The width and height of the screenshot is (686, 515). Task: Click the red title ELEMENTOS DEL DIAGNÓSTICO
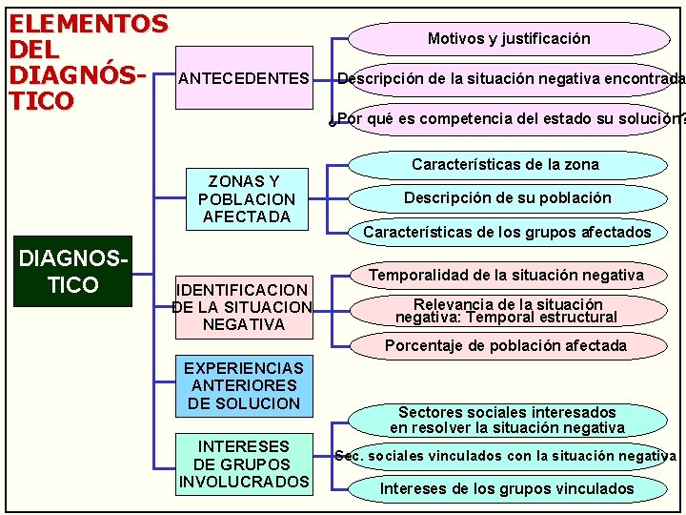click(x=88, y=61)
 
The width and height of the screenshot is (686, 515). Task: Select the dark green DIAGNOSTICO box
click(x=72, y=271)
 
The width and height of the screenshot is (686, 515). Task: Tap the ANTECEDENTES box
click(x=244, y=78)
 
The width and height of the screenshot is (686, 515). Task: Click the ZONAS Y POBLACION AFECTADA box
click(x=247, y=199)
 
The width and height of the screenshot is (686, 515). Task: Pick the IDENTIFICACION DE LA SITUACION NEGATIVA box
click(x=244, y=306)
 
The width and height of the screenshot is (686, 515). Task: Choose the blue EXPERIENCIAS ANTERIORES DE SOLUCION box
click(x=244, y=385)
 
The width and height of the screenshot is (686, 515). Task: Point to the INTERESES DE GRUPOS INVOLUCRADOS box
click(x=244, y=463)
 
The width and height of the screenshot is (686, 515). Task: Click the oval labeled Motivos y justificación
click(x=509, y=39)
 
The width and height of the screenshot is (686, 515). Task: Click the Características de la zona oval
click(x=506, y=164)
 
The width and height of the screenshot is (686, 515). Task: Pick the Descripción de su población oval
click(x=508, y=198)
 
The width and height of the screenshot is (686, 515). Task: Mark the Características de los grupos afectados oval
click(x=508, y=232)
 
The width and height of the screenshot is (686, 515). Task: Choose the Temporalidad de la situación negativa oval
click(x=506, y=276)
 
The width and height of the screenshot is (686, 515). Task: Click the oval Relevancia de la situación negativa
click(x=506, y=311)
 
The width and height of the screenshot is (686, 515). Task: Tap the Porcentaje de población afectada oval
click(x=506, y=345)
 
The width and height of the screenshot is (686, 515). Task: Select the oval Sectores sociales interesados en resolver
click(x=507, y=420)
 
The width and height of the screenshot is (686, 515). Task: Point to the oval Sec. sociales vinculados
click(x=506, y=456)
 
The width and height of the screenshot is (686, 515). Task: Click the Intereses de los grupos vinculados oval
click(x=507, y=489)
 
